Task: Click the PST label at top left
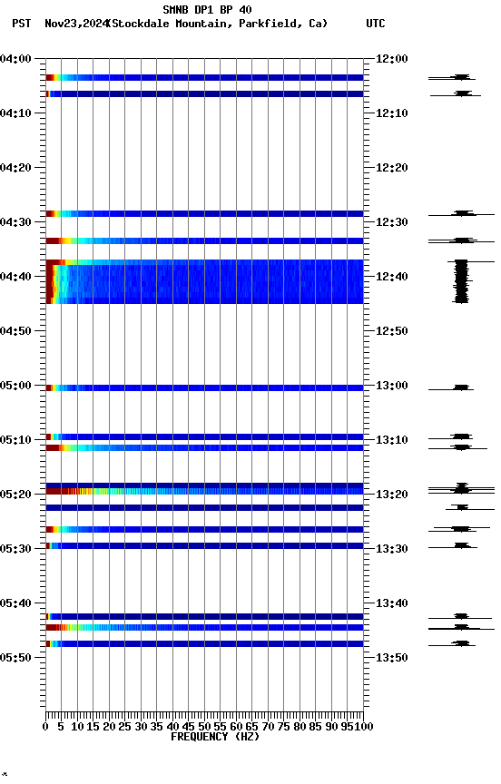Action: (21, 24)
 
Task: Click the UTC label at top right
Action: (376, 24)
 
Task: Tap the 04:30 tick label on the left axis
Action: (16, 222)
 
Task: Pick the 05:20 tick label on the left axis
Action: (16, 495)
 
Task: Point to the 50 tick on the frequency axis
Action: (204, 727)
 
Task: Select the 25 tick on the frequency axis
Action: (125, 727)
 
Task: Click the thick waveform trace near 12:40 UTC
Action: (461, 281)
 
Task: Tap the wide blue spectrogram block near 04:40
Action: (209, 281)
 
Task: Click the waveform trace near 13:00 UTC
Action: (461, 387)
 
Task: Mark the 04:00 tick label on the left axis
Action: (16, 59)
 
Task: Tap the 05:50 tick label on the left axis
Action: (16, 658)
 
